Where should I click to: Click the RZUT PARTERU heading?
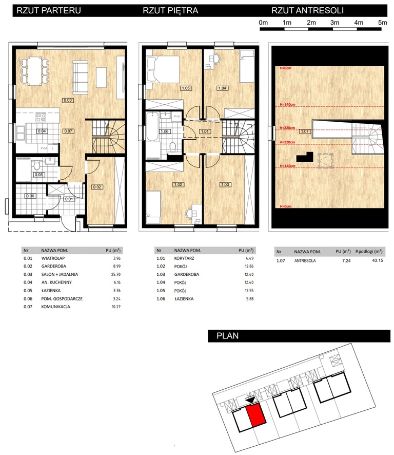pyautogui.click(x=49, y=9)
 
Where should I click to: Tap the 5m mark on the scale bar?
pyautogui.click(x=382, y=23)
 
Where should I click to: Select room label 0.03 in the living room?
pyautogui.click(x=67, y=100)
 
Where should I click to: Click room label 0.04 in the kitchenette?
pyautogui.click(x=42, y=131)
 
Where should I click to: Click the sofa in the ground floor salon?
pyautogui.click(x=81, y=75)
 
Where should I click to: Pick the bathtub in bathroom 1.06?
pyautogui.click(x=152, y=133)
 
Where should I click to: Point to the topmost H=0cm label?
pyautogui.click(x=285, y=68)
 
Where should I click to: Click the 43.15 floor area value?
pyautogui.click(x=377, y=261)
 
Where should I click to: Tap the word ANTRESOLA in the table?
pyautogui.click(x=305, y=261)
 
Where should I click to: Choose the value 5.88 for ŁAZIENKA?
pyautogui.click(x=245, y=298)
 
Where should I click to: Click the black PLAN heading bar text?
pyautogui.click(x=228, y=336)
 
